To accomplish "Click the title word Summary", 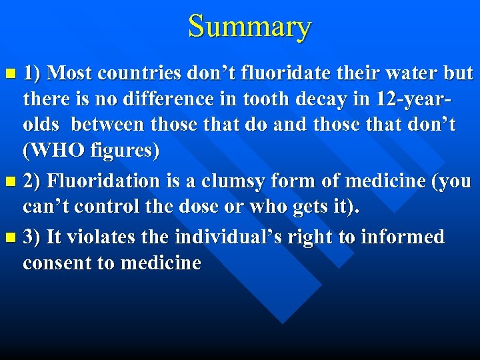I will click(x=249, y=27).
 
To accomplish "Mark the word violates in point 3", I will click(x=97, y=237).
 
